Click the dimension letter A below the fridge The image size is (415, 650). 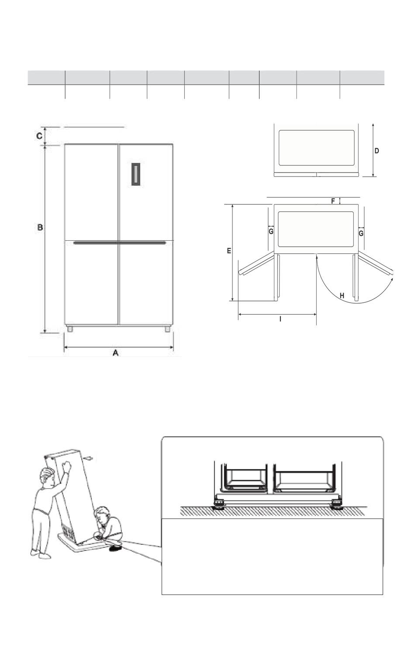tap(115, 353)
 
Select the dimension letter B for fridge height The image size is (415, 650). tap(40, 227)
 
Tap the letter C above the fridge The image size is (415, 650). tap(39, 135)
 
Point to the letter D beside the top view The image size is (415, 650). tap(377, 151)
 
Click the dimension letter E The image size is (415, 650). tap(229, 251)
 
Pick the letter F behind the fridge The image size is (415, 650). tap(333, 201)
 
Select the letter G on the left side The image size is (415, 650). tap(271, 232)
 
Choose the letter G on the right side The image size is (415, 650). tap(361, 233)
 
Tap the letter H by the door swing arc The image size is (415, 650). tap(342, 296)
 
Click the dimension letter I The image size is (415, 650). tap(280, 319)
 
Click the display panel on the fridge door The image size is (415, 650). tap(136, 174)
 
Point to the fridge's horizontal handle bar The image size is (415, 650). tap(120, 242)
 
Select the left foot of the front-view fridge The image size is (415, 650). tap(69, 329)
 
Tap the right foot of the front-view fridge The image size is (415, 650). tap(167, 329)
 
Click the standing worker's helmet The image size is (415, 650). tap(48, 473)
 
